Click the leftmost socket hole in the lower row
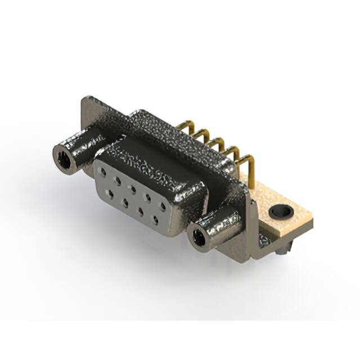pyautogui.click(x=110, y=192)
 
